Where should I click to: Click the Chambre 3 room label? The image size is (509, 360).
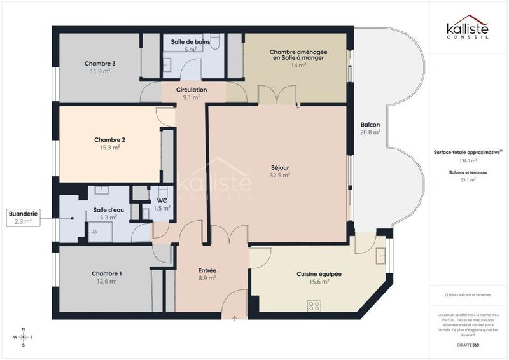pos(100,63)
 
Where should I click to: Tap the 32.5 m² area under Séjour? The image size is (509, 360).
pos(280,175)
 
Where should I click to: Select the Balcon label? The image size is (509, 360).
pos(370,124)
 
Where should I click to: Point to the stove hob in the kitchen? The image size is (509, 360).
pos(314,306)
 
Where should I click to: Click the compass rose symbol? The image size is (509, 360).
pos(24,337)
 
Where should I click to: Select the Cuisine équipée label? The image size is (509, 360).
pos(319,273)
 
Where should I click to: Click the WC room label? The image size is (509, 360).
pos(162,200)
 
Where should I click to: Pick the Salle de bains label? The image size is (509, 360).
pos(190,41)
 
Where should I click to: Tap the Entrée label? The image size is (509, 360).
pos(207,270)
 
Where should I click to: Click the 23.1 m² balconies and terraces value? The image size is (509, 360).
pos(468,180)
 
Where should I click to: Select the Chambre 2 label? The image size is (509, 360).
pos(109,139)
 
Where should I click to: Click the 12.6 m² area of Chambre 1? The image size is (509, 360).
pos(106,280)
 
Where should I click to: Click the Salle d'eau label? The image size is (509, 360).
pos(104,209)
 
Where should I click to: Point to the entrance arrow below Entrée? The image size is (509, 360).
pos(235,318)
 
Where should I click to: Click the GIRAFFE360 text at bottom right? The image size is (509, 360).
pos(468,344)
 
